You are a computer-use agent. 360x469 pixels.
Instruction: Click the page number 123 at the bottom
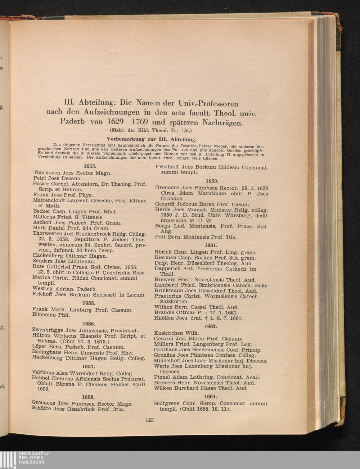[x=149, y=420]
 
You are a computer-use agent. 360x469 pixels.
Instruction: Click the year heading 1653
[x=89, y=166]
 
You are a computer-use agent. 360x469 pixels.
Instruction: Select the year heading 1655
[x=89, y=303]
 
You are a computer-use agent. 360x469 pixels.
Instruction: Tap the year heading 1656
[x=88, y=324]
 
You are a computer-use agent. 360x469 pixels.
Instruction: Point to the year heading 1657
[x=88, y=366]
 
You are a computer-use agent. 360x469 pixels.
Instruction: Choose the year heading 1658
[x=88, y=397]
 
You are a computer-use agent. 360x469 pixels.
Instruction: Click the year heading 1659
[x=212, y=181]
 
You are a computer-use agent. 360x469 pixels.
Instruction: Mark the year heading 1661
[x=211, y=245]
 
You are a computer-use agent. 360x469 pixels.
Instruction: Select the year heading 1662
[x=211, y=326]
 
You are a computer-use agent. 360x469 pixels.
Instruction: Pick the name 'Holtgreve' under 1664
[x=167, y=403]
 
